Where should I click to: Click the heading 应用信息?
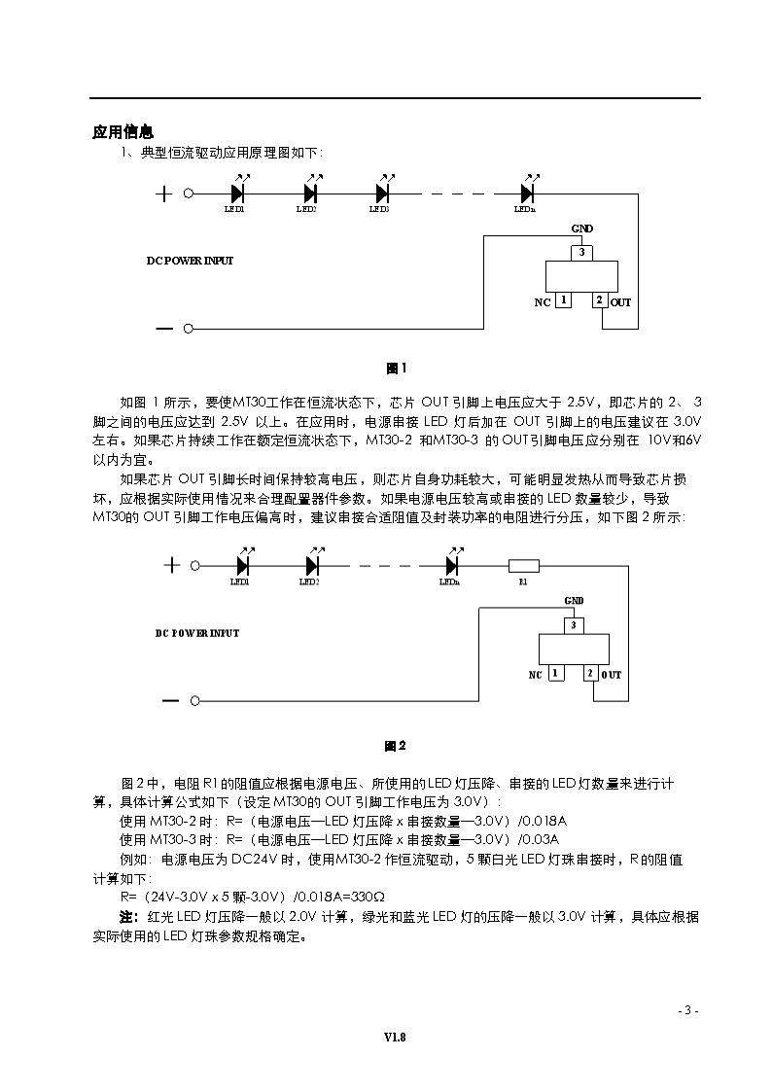coord(123,132)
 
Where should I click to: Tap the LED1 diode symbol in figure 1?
coord(237,194)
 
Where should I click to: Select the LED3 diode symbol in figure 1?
coord(381,194)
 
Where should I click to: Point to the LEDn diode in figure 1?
coord(527,194)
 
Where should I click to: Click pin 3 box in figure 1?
coord(581,253)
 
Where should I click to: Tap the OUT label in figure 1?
coord(620,302)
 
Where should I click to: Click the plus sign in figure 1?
coord(163,194)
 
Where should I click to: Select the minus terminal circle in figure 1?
coord(189,328)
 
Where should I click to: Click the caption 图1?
coord(396,369)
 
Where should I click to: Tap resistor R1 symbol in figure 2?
coord(524,565)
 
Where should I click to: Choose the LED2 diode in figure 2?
coord(312,565)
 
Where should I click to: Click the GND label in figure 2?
coord(574,601)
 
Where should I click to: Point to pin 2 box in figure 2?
coord(589,673)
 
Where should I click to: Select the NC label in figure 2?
coord(535,675)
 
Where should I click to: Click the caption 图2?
coord(395,746)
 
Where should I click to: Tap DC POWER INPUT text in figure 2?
coord(197,633)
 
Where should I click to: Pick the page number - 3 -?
coord(688,1010)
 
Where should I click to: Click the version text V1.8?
coord(395,1038)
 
